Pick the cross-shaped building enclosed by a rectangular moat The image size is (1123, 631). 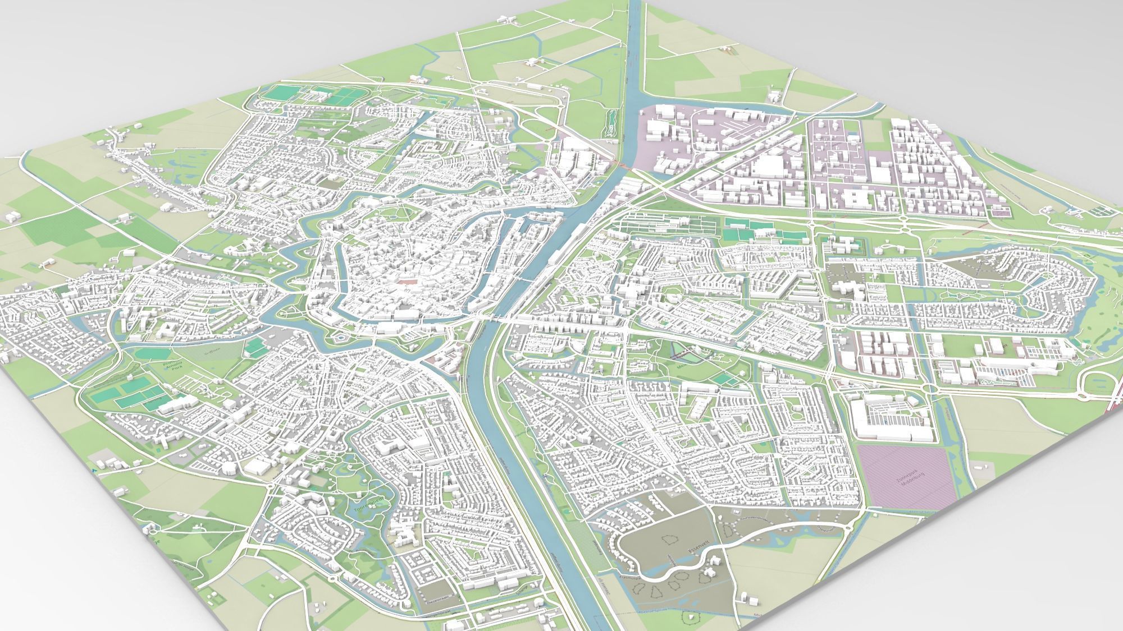click(x=846, y=245)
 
